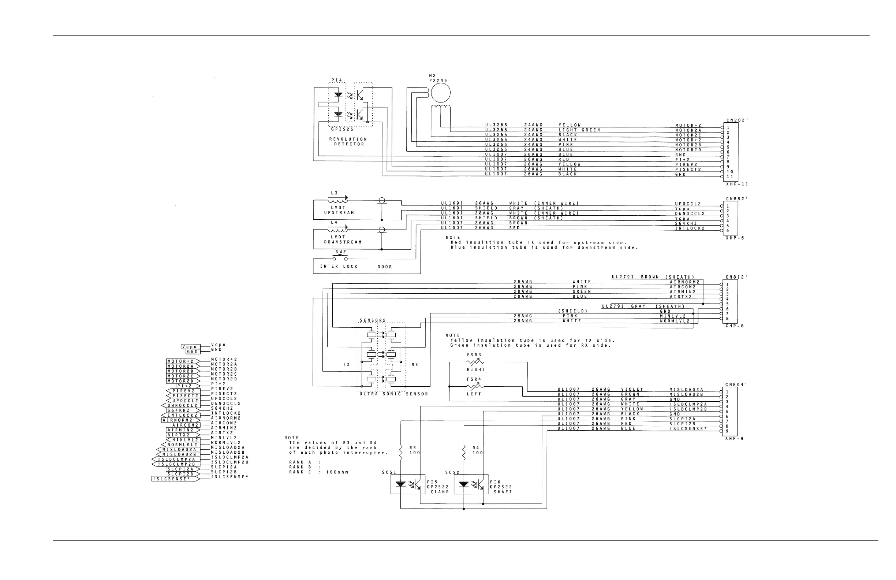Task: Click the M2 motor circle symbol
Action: coord(440,93)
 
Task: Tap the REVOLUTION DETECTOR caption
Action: coord(348,142)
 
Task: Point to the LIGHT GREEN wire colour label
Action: coord(579,130)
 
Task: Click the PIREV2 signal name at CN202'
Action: coord(686,164)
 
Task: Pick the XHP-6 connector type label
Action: coord(735,238)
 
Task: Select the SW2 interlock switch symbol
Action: coord(340,258)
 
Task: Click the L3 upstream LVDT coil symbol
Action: coord(338,199)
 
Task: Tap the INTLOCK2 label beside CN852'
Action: coord(690,228)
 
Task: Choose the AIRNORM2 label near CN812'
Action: coord(684,282)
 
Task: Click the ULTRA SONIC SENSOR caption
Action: coord(394,394)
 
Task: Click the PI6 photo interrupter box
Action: coord(471,484)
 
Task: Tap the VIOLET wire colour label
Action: coord(632,390)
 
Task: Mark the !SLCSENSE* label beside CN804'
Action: coord(688,429)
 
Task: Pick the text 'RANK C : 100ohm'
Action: coord(318,472)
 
